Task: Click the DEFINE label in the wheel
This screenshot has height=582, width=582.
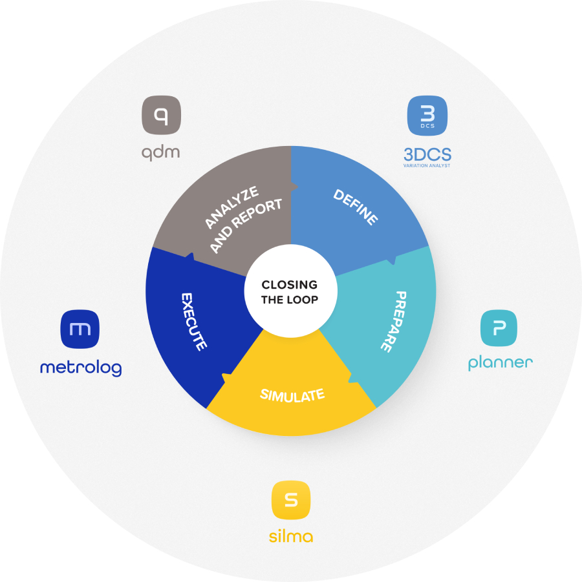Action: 356,207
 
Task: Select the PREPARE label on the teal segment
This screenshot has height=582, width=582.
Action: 393,321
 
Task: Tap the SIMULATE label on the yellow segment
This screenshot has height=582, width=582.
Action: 292,394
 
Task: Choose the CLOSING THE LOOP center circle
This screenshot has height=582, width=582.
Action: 290,291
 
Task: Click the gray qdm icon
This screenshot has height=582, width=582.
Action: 162,116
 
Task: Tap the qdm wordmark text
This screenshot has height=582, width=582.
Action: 161,152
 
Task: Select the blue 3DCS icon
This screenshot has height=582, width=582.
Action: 427,116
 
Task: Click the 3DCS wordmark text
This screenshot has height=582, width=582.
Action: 427,154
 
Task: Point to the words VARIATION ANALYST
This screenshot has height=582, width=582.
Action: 427,166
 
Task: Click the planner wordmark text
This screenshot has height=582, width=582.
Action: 500,363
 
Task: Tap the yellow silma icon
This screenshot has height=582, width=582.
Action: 291,500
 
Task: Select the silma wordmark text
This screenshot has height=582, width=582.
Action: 291,536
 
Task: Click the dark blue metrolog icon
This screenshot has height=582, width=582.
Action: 80,328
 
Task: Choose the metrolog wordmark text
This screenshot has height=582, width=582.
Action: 80,368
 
